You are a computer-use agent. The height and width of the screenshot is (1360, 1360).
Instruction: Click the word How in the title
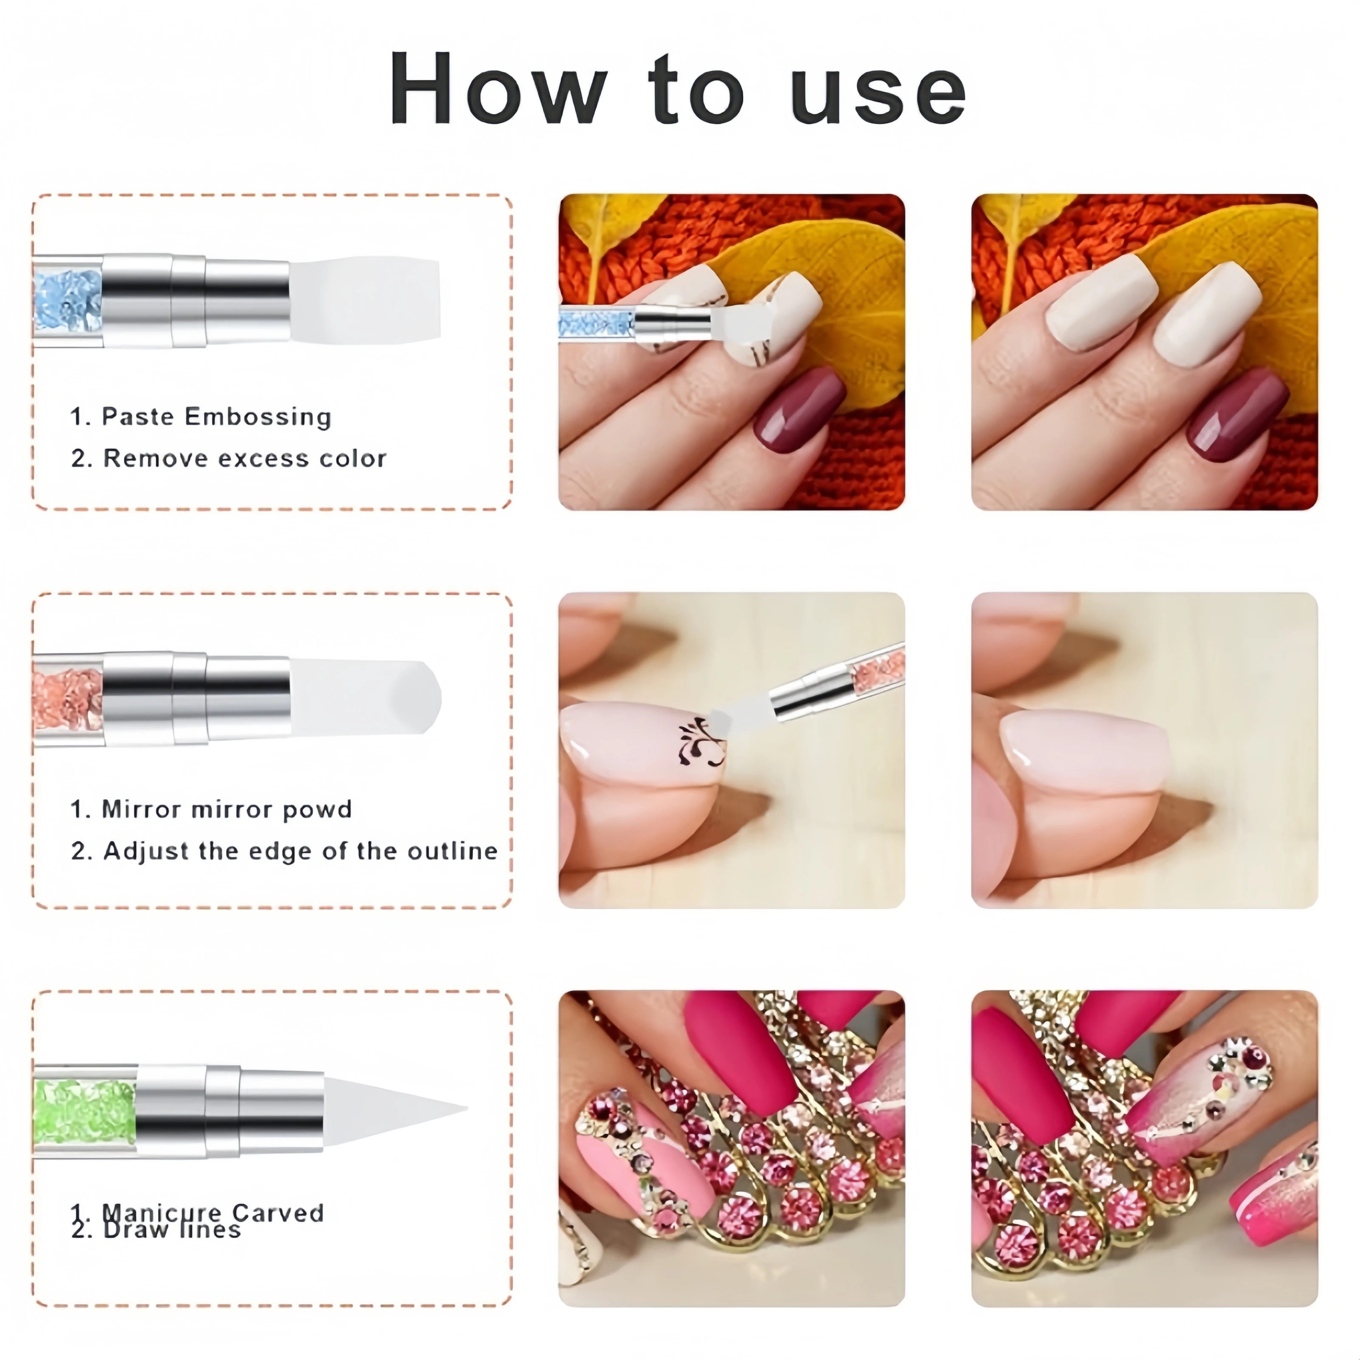[x=497, y=90]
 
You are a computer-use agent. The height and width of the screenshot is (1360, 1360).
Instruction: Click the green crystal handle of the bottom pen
[x=85, y=1112]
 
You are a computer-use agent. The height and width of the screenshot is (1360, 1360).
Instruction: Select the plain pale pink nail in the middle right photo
[x=1084, y=750]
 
